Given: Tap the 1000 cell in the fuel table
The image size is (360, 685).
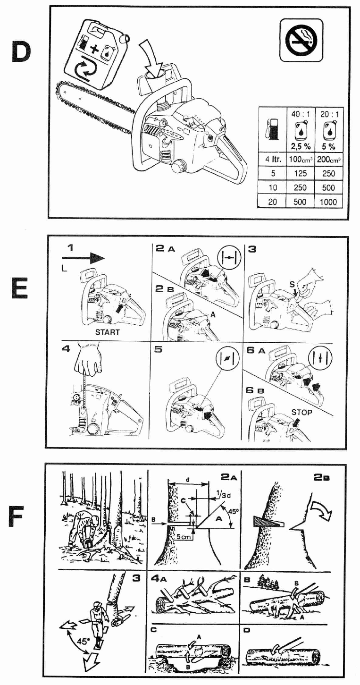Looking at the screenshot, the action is (x=328, y=202).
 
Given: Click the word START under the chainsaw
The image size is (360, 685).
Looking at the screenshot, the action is (x=108, y=332).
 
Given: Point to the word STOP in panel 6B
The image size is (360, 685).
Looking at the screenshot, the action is (x=301, y=412).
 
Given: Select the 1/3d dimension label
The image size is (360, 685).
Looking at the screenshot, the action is (x=219, y=493).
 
